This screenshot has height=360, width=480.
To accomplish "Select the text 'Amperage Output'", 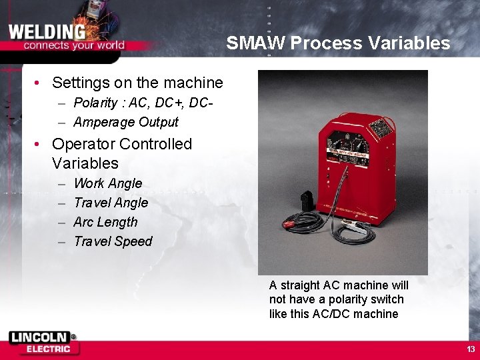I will coord(126,122).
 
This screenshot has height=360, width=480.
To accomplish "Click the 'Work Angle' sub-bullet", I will coord(108,183).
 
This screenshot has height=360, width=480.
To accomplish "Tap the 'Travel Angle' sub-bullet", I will coord(111,203).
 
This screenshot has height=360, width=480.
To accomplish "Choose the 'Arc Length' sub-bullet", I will coord(105,222).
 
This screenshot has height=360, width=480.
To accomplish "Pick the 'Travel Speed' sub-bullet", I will coord(113,241).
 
